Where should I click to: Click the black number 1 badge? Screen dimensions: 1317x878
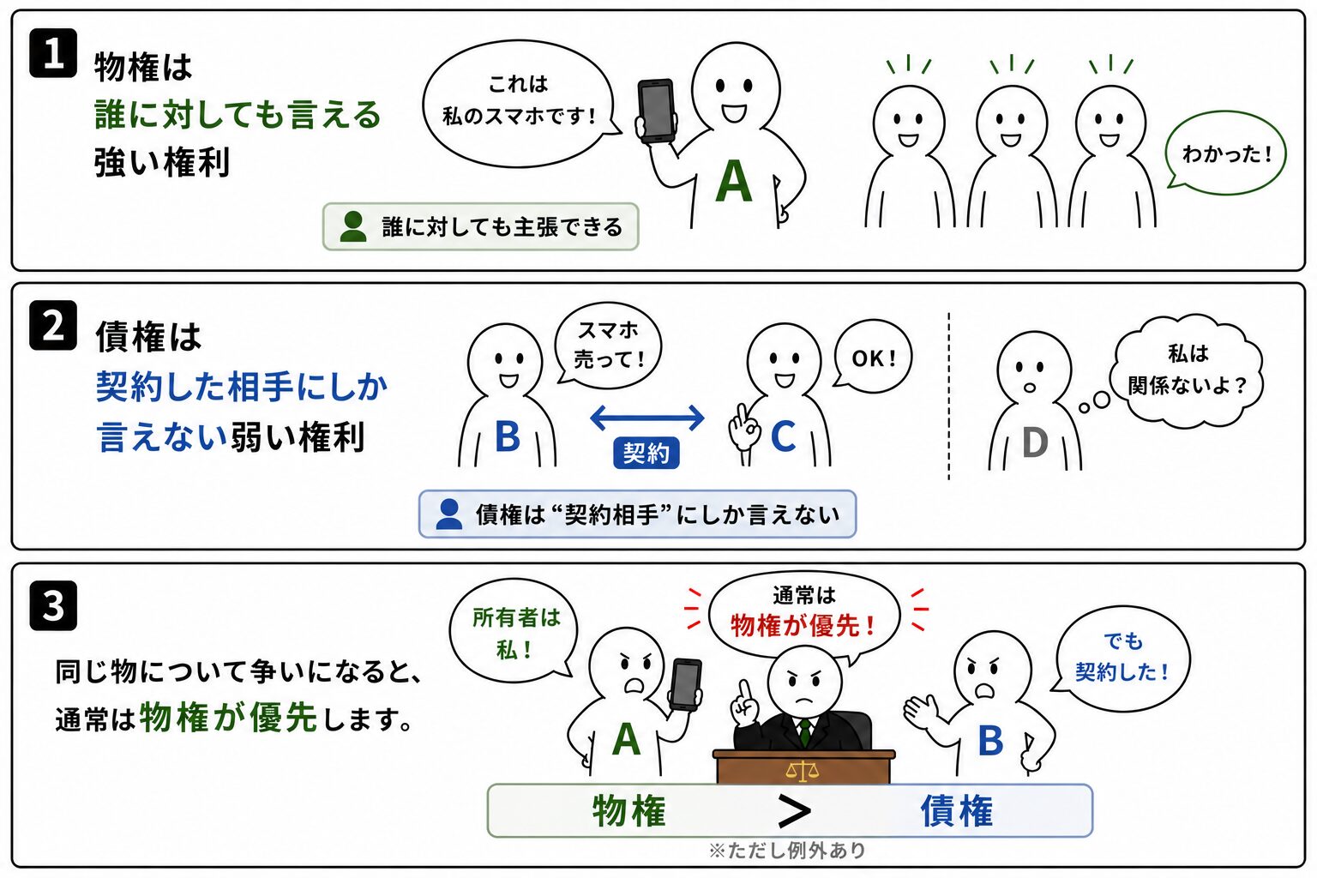pyautogui.click(x=53, y=53)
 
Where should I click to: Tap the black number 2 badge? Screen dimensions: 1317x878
pyautogui.click(x=53, y=325)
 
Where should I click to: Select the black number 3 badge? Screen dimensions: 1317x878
pyautogui.click(x=53, y=605)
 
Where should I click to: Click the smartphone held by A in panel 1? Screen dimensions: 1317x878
pyautogui.click(x=656, y=111)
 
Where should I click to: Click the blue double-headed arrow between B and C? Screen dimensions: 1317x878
pyautogui.click(x=646, y=418)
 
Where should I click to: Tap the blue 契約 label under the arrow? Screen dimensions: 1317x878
pyautogui.click(x=646, y=453)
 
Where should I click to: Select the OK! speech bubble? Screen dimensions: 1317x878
pyautogui.click(x=873, y=357)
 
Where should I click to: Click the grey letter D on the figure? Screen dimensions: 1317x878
pyautogui.click(x=1035, y=442)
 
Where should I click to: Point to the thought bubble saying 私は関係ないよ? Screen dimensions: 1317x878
pyautogui.click(x=1187, y=370)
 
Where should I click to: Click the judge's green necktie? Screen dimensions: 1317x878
pyautogui.click(x=804, y=731)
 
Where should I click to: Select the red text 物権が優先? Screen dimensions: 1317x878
pyautogui.click(x=803, y=625)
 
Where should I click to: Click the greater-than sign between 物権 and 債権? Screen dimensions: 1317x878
pyautogui.click(x=794, y=811)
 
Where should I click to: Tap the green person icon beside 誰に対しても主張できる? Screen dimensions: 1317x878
pyautogui.click(x=353, y=226)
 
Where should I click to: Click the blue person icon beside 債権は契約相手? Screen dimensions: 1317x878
pyautogui.click(x=449, y=514)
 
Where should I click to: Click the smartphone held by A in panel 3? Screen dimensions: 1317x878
pyautogui.click(x=686, y=684)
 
